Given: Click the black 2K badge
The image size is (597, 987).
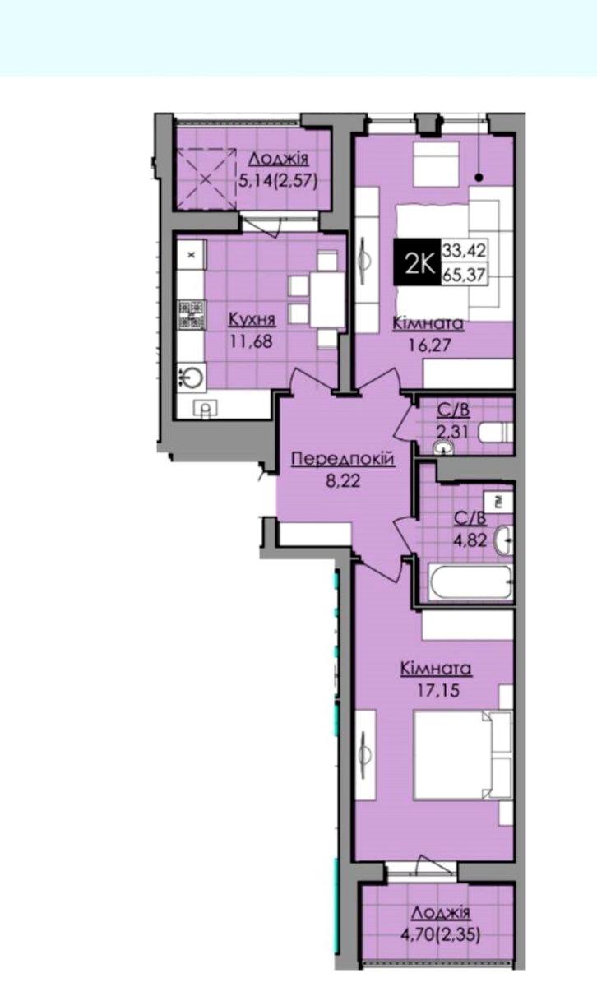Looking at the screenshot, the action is tap(417, 262).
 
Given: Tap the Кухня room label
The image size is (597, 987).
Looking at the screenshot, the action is tap(252, 319).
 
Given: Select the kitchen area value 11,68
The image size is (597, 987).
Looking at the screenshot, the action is tap(251, 341).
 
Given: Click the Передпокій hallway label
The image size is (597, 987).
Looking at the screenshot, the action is tap(343, 459).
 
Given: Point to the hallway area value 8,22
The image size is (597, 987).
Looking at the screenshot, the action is tap(343, 480).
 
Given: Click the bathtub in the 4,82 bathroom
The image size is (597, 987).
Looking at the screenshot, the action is tap(470, 582).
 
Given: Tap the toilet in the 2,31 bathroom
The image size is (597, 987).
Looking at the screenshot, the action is tap(496, 433).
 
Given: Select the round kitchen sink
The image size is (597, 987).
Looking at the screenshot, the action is tap(192, 378).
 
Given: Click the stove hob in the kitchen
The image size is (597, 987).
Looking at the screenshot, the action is tap(192, 314).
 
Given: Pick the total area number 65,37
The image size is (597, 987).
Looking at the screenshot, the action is tap(465, 275).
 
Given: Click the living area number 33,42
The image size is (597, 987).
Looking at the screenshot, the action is tap(465, 250).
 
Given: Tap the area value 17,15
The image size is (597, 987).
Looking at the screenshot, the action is tap(438, 690).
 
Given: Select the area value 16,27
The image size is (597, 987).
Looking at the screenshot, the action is tap(429, 345).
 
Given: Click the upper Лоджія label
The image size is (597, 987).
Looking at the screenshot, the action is tap(279, 159).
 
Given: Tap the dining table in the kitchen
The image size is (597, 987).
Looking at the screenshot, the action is tap(327, 299).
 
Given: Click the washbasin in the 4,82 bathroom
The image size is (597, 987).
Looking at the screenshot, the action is tap(503, 539).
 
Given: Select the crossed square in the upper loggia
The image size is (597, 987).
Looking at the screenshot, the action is tap(206, 178).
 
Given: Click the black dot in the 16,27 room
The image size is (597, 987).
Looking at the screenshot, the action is tap(479, 178).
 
